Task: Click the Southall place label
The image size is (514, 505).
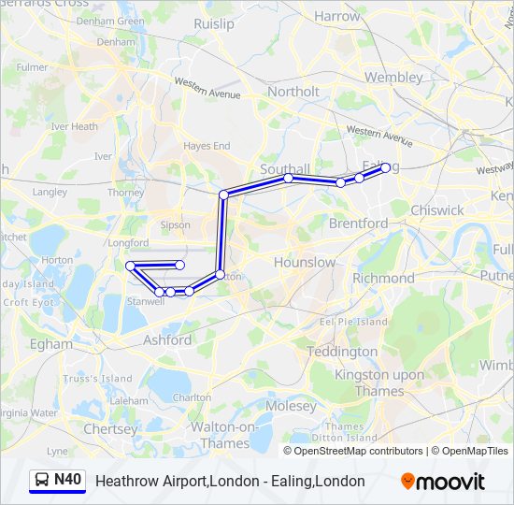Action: (284, 169)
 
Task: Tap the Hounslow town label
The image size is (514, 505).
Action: (305, 263)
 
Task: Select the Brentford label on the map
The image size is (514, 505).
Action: (358, 224)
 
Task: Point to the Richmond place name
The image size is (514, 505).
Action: (383, 278)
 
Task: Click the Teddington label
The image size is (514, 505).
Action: (342, 352)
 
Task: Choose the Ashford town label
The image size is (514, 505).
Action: (168, 340)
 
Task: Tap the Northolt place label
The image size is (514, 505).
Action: (293, 92)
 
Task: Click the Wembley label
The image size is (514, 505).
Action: (393, 77)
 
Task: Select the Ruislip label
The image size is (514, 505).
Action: (214, 24)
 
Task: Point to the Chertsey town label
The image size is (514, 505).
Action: (110, 428)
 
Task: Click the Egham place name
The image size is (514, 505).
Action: (51, 344)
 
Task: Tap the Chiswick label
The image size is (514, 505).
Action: (436, 210)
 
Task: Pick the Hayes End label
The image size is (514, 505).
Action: (207, 146)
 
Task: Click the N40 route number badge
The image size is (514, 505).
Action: (68, 481)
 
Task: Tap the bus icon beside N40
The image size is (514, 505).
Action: (42, 481)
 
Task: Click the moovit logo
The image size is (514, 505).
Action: (443, 482)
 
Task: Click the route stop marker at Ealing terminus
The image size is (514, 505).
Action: (385, 168)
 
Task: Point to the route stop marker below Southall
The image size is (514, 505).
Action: (289, 178)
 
